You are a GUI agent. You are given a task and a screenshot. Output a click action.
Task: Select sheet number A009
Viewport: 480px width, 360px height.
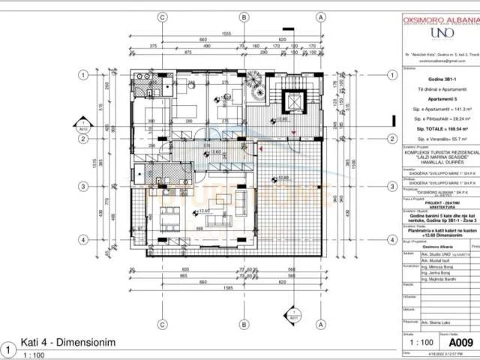coord(454,337)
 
